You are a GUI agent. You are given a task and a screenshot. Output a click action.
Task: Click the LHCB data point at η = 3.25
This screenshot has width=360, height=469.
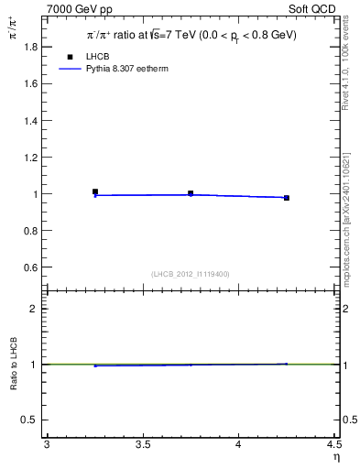pos(95,192)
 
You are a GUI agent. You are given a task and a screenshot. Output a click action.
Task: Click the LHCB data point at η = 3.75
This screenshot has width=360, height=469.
pos(191,193)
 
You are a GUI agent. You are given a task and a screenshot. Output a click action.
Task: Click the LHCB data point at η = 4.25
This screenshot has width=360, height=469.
pos(287,198)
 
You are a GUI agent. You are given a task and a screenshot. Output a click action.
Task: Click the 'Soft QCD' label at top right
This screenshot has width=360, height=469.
pos(314,8)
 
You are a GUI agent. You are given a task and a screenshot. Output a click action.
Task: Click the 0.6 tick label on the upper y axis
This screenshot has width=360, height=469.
pos(32,267)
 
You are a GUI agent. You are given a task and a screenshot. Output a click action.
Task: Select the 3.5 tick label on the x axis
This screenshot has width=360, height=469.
pos(143,445)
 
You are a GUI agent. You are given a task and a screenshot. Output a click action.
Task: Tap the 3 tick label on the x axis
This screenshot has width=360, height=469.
pos(47,445)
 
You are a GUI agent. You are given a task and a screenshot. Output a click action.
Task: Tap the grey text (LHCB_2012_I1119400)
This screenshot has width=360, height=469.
pos(191,274)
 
